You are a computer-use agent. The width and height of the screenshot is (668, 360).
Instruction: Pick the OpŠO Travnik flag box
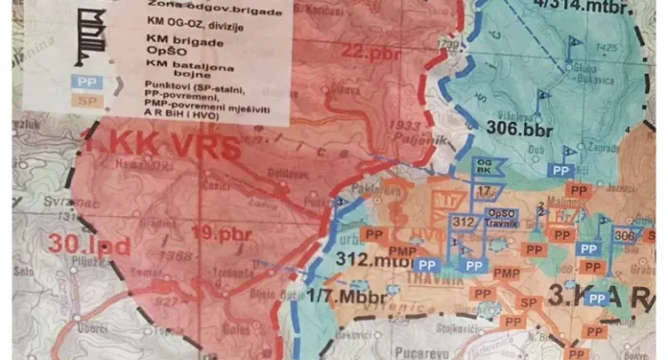[x=502, y=217]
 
